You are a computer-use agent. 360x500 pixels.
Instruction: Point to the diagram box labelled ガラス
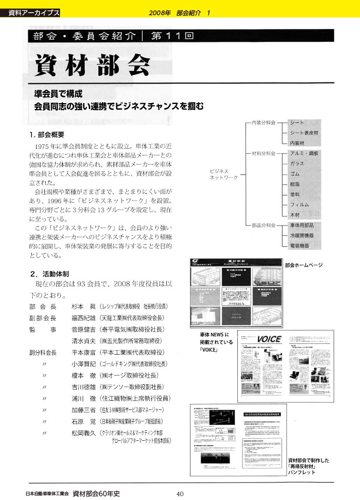(x=297, y=164)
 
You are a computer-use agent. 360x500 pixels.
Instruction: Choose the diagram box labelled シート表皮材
(x=304, y=132)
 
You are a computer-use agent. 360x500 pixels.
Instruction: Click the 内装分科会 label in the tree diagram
(x=260, y=123)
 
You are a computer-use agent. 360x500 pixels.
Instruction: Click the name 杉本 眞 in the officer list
(x=82, y=306)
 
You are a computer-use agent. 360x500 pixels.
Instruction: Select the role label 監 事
(x=43, y=329)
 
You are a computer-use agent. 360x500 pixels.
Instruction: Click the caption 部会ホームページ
(x=303, y=265)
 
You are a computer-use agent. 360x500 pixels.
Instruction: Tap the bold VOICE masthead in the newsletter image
(x=269, y=339)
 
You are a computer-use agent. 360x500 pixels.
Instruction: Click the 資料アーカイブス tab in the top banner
(x=34, y=13)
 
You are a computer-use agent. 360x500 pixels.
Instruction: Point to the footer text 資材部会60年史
(x=96, y=493)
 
